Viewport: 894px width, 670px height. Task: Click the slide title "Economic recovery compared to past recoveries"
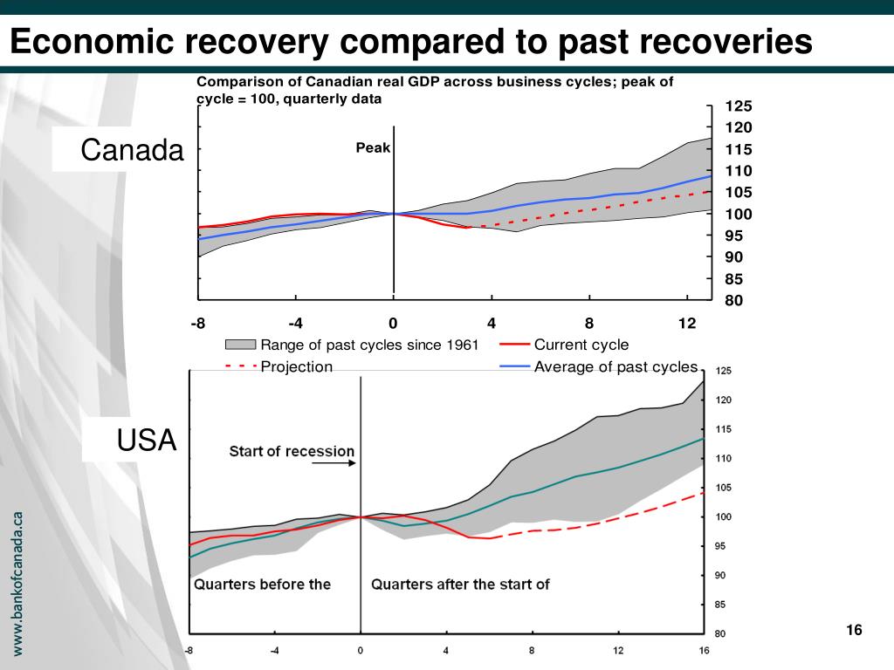point(411,41)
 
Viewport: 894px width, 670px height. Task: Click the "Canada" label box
point(133,151)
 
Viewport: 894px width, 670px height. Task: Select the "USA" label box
point(147,441)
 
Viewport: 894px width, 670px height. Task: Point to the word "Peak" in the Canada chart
point(373,147)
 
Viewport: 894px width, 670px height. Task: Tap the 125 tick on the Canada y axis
point(739,106)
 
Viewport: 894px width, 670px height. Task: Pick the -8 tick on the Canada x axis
point(199,324)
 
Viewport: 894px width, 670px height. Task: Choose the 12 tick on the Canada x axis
point(687,324)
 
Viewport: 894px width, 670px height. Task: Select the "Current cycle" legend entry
point(581,345)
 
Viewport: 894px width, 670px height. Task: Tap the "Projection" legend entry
point(296,366)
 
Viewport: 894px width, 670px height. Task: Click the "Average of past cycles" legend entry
point(615,366)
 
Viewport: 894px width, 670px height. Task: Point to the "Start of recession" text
point(292,451)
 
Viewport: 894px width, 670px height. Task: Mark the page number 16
point(853,631)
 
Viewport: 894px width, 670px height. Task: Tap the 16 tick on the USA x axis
point(704,650)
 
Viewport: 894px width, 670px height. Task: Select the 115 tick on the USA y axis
point(724,429)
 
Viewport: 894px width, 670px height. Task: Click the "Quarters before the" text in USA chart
point(262,584)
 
